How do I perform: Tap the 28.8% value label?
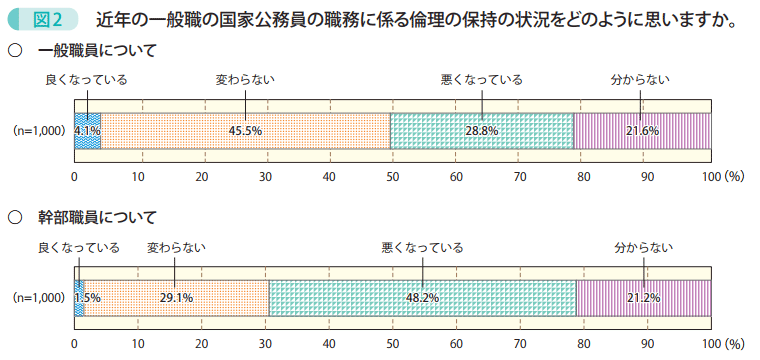pyautogui.click(x=482, y=131)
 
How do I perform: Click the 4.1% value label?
pyautogui.click(x=88, y=131)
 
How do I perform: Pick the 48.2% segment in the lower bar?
pyautogui.click(x=423, y=298)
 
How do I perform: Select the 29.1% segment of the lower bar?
pyautogui.click(x=176, y=298)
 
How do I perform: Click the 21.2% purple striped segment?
pyautogui.click(x=642, y=298)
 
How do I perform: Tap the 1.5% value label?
pyautogui.click(x=88, y=298)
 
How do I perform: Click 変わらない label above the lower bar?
pyautogui.click(x=176, y=246)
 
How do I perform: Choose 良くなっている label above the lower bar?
pyautogui.click(x=79, y=246)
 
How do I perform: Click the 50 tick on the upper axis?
pyautogui.click(x=392, y=177)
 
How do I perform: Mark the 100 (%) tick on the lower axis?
pyautogui.click(x=722, y=344)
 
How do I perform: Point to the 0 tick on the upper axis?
pyautogui.click(x=74, y=177)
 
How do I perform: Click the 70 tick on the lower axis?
pyautogui.click(x=520, y=344)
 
